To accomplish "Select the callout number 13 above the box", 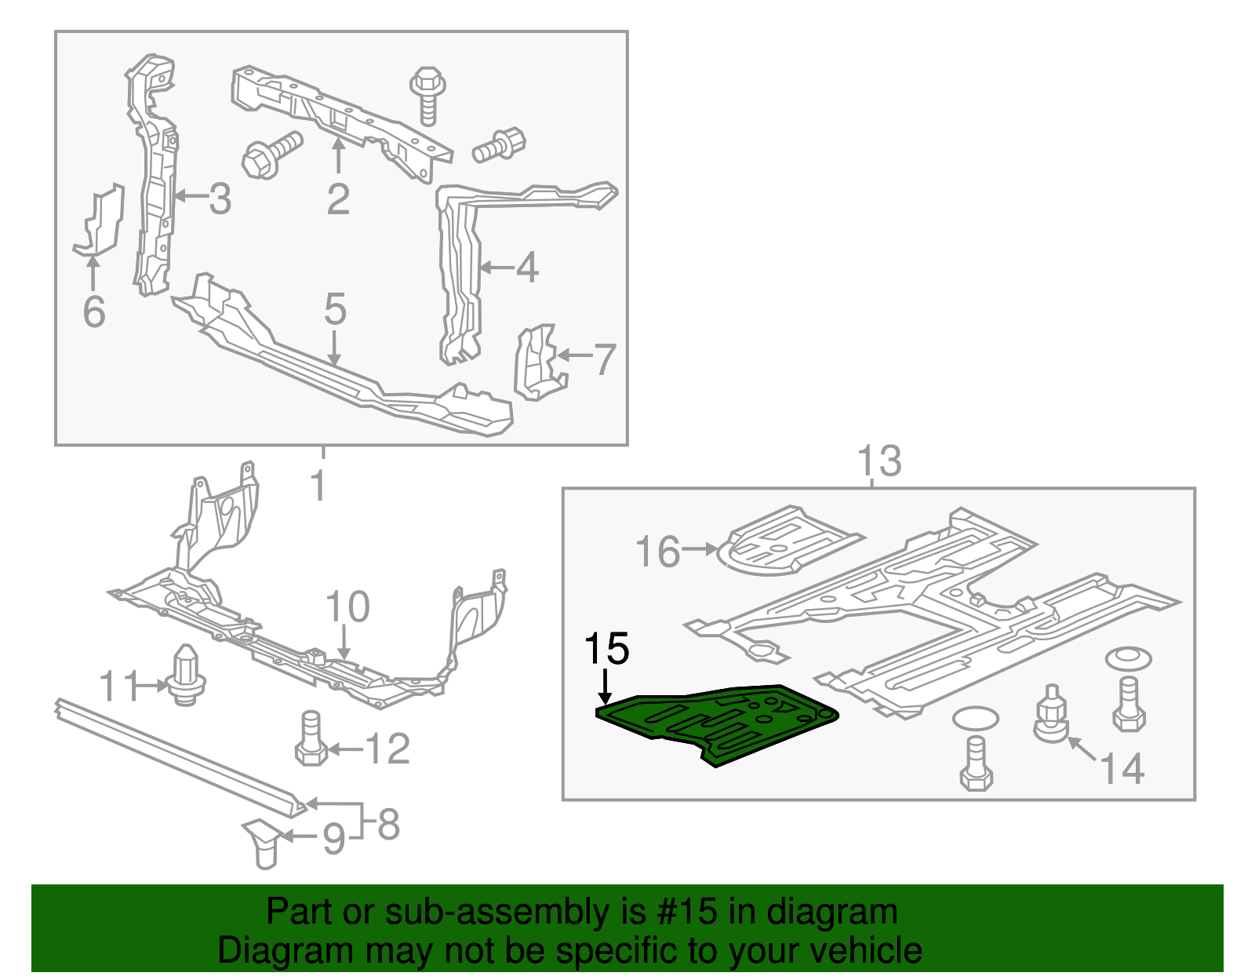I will click(878, 461).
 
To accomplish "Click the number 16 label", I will click(657, 552).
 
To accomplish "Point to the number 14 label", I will click(1122, 768).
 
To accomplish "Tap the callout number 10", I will click(347, 607).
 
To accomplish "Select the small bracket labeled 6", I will click(100, 222).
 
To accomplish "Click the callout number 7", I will click(604, 359).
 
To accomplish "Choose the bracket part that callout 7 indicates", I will click(537, 362).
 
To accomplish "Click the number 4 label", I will click(526, 268).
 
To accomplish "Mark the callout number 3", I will click(220, 199).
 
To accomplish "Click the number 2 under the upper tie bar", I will click(338, 199).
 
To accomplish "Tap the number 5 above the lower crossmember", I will click(335, 309).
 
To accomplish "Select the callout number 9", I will click(333, 839).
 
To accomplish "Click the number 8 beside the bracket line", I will click(388, 824).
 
